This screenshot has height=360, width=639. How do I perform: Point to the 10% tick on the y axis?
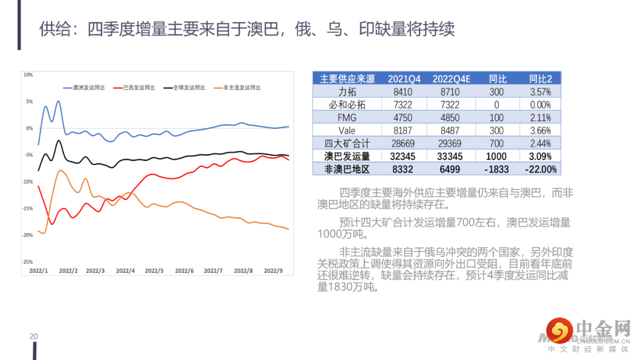[x=28, y=75]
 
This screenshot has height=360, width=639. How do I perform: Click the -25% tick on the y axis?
[x=27, y=262]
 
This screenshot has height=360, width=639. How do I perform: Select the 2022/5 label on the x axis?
[x=154, y=271]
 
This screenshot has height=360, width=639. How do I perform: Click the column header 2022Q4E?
[x=451, y=79]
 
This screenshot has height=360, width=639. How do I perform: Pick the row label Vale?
[x=347, y=130]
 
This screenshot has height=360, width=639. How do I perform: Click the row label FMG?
[x=347, y=117]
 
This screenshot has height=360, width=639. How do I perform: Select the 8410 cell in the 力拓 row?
[x=402, y=92]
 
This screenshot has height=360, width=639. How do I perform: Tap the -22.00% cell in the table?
[x=540, y=169]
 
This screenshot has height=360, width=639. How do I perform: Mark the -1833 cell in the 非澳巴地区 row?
[x=496, y=169]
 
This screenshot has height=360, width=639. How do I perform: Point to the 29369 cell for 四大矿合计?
[x=451, y=143]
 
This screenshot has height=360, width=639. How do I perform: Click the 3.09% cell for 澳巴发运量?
[x=540, y=156]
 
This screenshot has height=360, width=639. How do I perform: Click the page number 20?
[x=34, y=336]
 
